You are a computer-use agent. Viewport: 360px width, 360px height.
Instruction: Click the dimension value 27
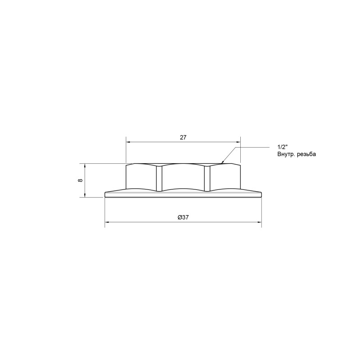(183, 138)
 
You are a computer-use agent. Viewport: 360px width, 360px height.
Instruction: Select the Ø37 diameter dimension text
(183, 217)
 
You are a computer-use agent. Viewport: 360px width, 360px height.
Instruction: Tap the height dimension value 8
(81, 180)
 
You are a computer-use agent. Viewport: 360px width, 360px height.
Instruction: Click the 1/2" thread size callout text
(283, 148)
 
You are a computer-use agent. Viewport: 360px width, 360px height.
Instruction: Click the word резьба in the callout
(307, 154)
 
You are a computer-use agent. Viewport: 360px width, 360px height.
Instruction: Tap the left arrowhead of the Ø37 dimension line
(107, 222)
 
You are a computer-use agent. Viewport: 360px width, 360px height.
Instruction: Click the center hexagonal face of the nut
(183, 178)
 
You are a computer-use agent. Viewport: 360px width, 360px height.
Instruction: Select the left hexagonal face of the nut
(140, 178)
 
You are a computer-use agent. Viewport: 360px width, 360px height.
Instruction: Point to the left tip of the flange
(105, 194)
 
